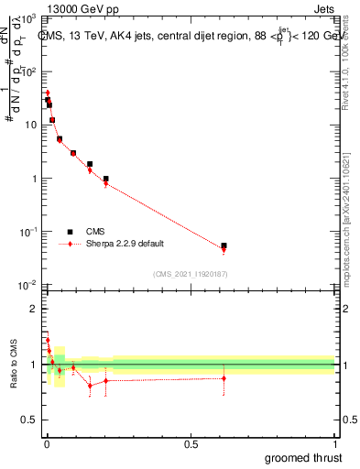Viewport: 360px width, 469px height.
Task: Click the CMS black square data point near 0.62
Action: [224, 245]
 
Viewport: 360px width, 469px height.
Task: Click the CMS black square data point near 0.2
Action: [106, 179]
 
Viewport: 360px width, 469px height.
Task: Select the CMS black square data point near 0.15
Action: [90, 164]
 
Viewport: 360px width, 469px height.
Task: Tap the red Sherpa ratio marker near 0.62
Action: [224, 378]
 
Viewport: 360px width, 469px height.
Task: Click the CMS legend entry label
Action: [96, 232]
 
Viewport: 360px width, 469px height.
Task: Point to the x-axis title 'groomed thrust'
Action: [303, 457]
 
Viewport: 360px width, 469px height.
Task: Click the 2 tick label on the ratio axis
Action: [34, 309]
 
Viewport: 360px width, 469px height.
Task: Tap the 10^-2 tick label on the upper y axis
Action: [29, 286]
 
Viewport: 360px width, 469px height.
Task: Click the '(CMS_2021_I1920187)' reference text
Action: [190, 273]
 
